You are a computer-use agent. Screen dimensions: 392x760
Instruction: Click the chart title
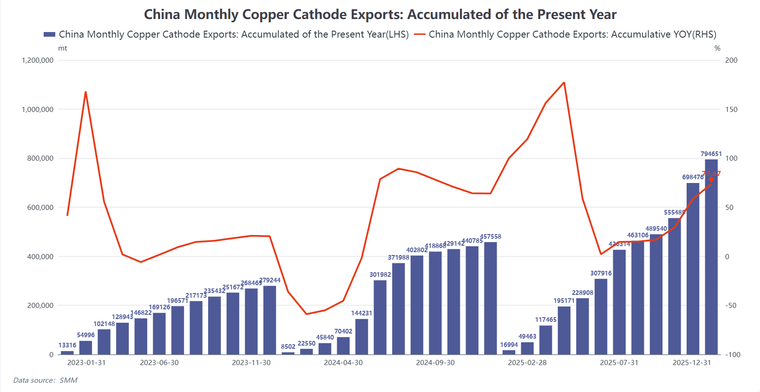[380, 14]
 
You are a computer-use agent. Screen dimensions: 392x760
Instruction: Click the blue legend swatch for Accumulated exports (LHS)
[49, 34]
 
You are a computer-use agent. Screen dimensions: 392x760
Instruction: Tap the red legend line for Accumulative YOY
[419, 34]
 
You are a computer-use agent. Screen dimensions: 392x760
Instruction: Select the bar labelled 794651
[711, 257]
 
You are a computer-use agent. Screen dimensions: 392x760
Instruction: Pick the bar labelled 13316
[67, 353]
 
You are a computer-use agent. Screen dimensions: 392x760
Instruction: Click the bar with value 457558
[490, 298]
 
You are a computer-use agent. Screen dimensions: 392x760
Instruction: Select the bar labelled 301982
[380, 317]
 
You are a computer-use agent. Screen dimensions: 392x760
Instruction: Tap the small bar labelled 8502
[288, 353]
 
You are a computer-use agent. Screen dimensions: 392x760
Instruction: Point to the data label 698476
[693, 177]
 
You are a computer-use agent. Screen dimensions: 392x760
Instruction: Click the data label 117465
[545, 320]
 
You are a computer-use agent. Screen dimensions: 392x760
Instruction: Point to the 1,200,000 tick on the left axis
[38, 60]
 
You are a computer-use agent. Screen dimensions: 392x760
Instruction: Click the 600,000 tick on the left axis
[40, 208]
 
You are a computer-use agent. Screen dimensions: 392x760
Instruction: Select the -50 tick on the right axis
[731, 306]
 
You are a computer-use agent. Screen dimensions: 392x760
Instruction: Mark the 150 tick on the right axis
[731, 110]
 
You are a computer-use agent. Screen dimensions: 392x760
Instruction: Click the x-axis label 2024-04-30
[343, 363]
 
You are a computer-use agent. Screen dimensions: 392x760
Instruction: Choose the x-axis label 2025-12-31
[692, 363]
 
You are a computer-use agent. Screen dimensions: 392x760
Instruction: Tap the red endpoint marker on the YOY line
[711, 180]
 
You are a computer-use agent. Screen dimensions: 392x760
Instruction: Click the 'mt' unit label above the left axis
[62, 48]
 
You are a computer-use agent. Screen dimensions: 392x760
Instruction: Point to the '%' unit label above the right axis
[717, 48]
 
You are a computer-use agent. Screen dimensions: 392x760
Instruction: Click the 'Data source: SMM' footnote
[45, 380]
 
